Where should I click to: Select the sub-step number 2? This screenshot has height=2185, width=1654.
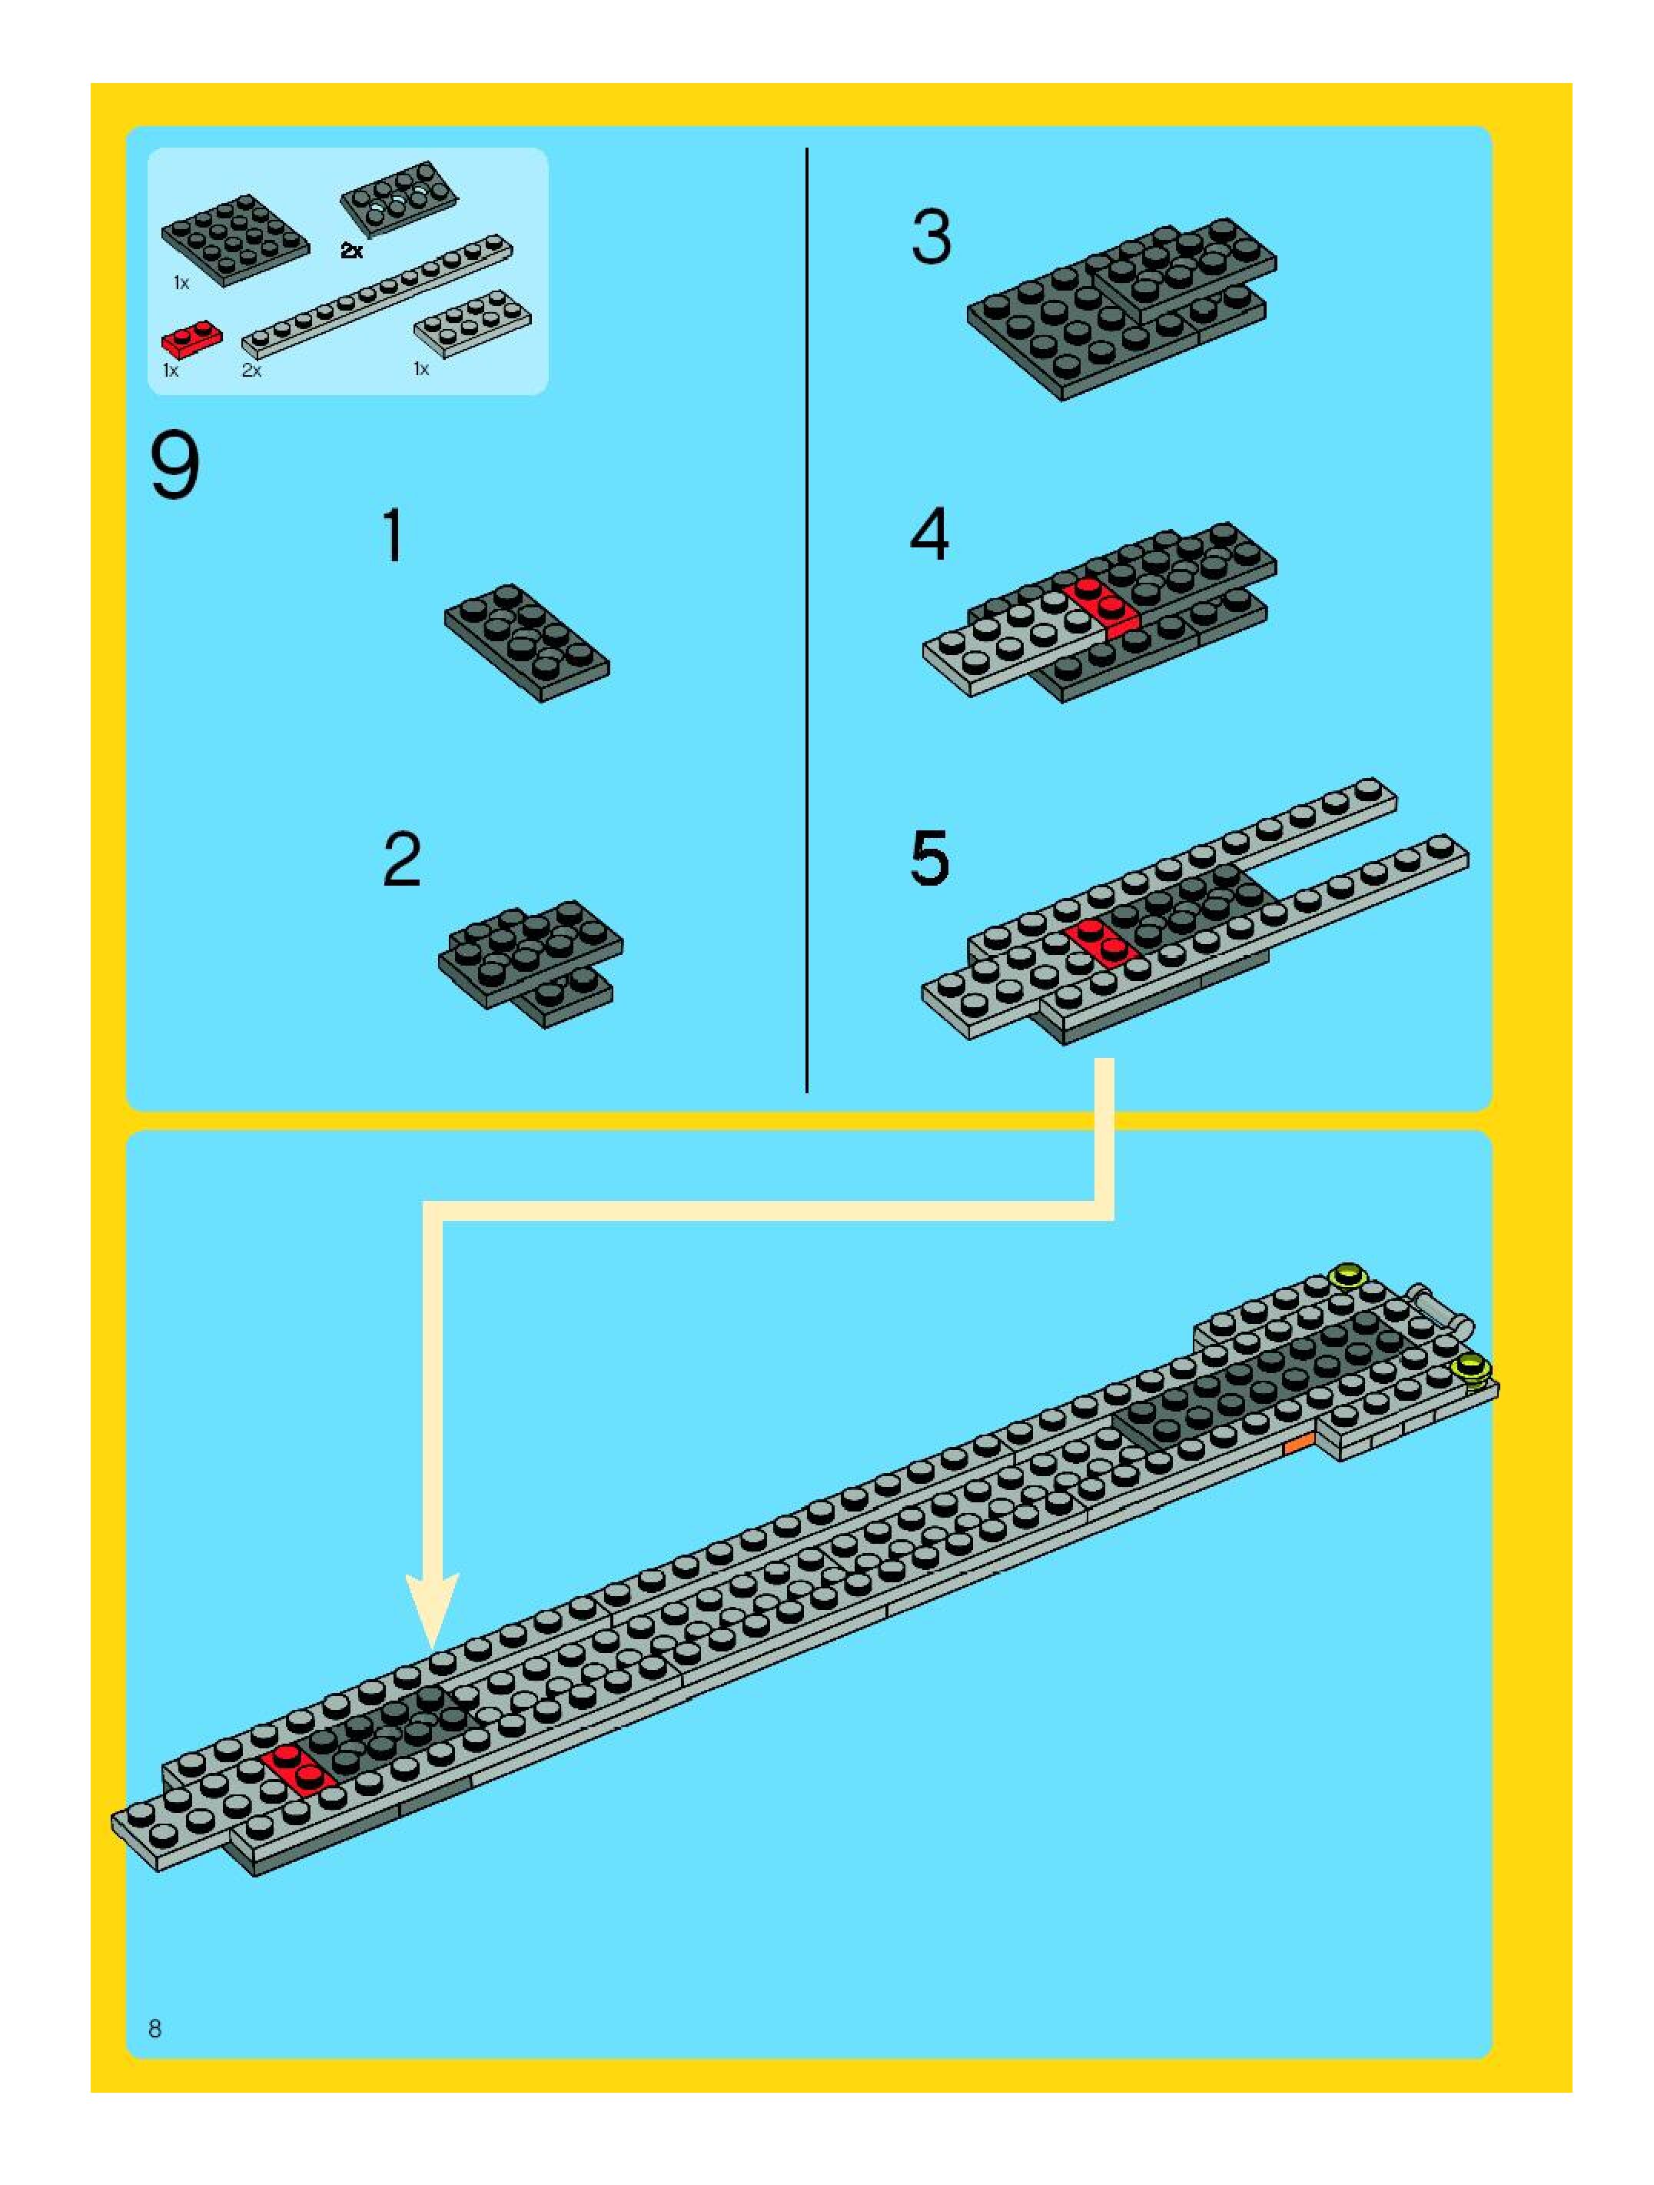point(402,860)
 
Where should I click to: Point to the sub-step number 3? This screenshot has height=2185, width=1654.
point(932,238)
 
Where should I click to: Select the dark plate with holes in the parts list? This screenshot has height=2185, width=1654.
point(399,198)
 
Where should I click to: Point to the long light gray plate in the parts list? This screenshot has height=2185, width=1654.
point(378,294)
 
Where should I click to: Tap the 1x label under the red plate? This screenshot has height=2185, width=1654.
point(171,371)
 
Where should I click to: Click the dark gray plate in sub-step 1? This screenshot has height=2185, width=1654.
point(527,641)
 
